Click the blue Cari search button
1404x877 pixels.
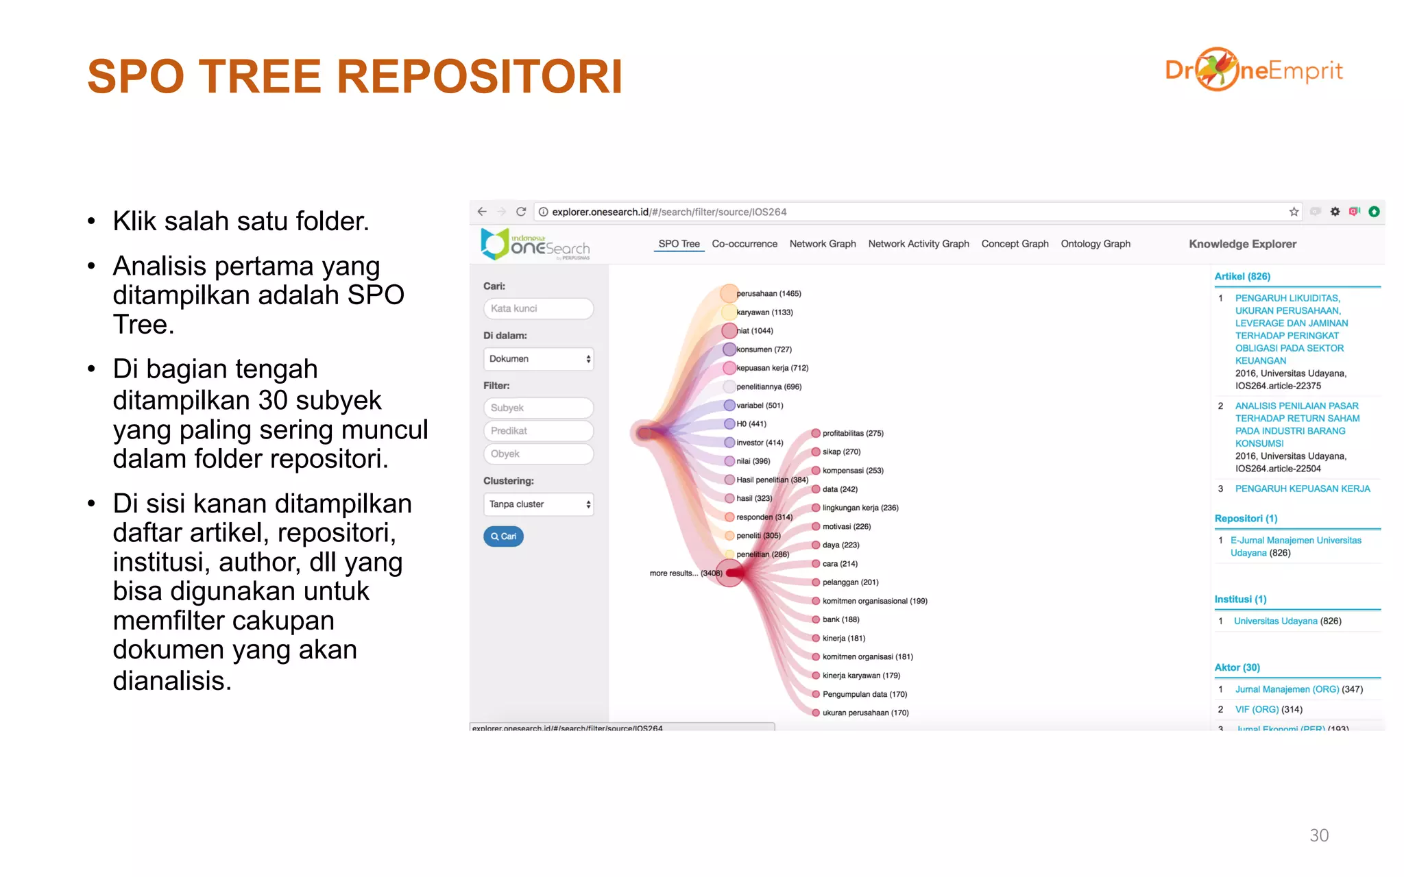click(503, 536)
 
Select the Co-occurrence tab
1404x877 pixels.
click(744, 244)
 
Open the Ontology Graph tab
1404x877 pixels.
click(1095, 244)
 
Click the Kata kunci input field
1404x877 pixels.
click(538, 308)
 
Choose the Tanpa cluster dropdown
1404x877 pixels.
click(538, 504)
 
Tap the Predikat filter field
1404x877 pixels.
click(538, 431)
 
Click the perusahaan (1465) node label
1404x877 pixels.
click(768, 294)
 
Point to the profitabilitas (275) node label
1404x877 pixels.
click(853, 434)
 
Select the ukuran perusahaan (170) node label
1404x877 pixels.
click(865, 713)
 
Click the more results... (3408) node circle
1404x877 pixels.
click(731, 573)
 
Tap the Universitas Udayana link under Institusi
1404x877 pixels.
click(1275, 621)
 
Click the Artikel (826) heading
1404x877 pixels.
click(1242, 277)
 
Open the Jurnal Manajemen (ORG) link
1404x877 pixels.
click(1287, 689)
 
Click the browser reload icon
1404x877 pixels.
click(521, 212)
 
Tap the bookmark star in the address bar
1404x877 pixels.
click(1294, 212)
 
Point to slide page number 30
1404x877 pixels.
click(1318, 835)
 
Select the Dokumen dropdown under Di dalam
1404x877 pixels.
click(538, 359)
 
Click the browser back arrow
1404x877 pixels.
click(482, 212)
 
